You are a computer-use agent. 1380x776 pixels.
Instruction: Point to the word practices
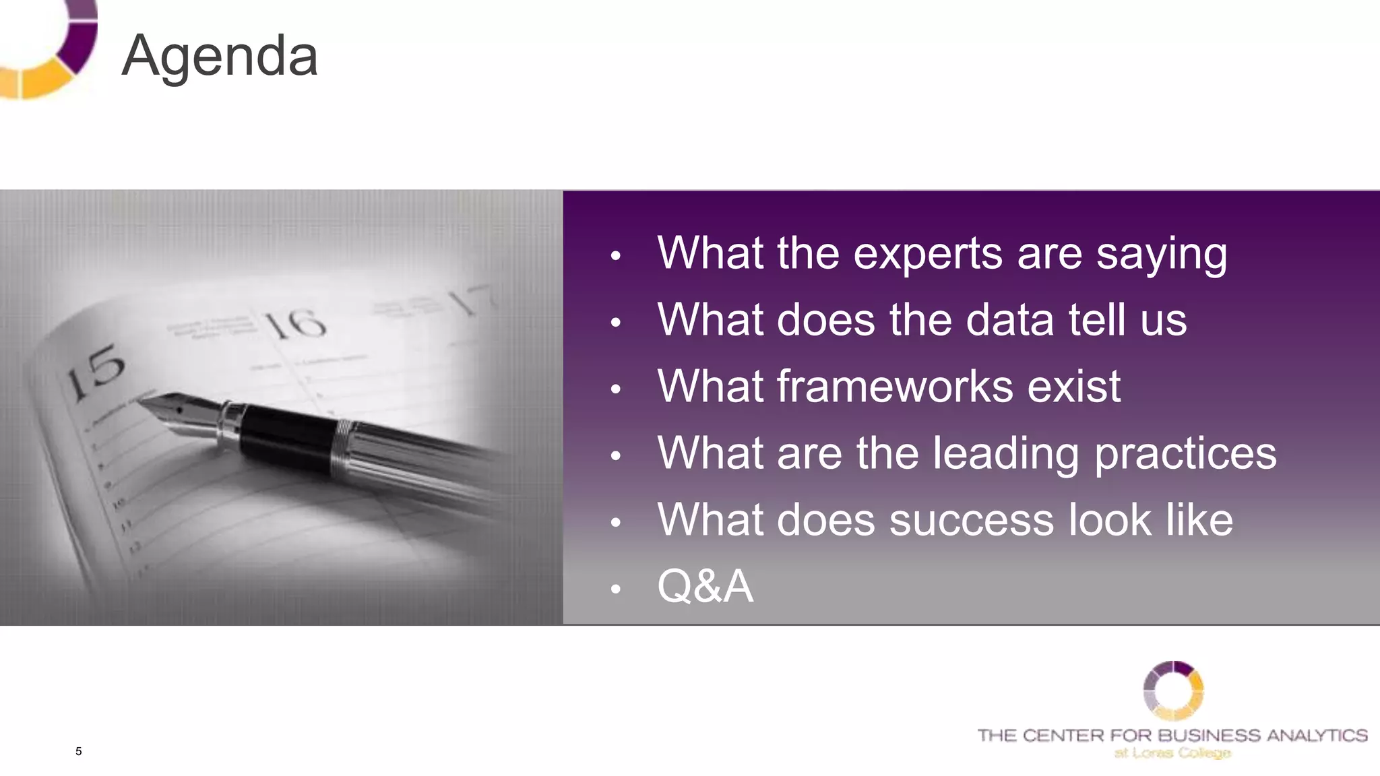point(1185,453)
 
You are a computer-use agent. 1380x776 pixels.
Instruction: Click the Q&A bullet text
point(705,586)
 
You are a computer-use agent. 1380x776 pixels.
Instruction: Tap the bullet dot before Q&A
point(615,589)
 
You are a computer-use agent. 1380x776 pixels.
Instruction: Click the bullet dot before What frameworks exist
point(615,389)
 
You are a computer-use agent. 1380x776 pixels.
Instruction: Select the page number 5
point(79,751)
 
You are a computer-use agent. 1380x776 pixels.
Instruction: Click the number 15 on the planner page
point(96,372)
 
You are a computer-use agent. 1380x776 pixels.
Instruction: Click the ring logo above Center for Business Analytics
point(1173,690)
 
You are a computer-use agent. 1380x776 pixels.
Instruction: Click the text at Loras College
point(1172,752)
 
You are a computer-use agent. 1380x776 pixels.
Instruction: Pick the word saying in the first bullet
point(1161,254)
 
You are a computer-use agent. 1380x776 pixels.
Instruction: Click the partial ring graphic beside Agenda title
point(51,51)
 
